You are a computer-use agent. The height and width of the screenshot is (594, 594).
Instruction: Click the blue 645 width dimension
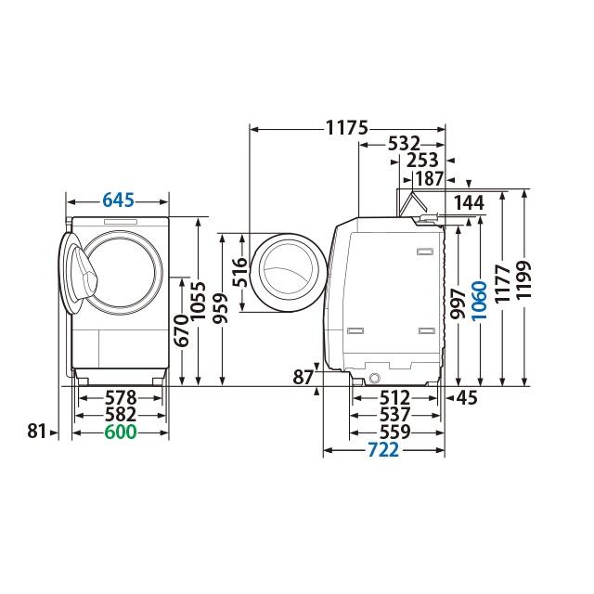[x=119, y=200]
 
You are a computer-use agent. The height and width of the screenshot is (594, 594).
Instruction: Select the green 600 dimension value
[x=120, y=433]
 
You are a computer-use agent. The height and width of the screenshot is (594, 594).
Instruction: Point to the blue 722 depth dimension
[x=384, y=450]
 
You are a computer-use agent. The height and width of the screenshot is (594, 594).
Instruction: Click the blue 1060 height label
[x=479, y=299]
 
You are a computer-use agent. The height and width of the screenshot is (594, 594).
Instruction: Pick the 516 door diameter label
[x=239, y=273]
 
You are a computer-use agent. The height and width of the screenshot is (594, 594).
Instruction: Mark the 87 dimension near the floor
[x=302, y=378]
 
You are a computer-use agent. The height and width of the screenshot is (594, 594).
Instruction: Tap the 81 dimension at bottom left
[x=36, y=432]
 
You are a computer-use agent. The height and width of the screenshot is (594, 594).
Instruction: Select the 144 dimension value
[x=470, y=201]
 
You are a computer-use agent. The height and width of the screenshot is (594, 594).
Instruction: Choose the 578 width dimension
[x=120, y=397]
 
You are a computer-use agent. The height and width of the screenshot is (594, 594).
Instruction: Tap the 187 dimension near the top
[x=428, y=178]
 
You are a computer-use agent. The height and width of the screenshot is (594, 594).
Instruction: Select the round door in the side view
[x=286, y=273]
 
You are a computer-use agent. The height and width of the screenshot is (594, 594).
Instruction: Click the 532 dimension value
[x=403, y=144]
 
